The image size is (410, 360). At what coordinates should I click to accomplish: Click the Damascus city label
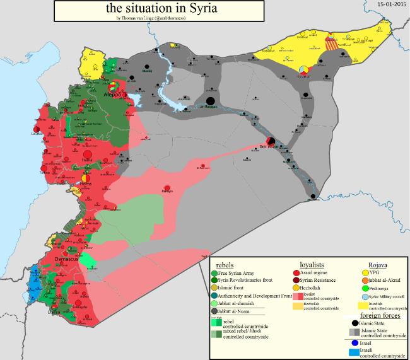(x=65, y=258)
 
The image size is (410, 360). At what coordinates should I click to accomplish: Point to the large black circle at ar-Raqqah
(x=211, y=100)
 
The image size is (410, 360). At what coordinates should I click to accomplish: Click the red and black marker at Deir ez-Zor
(x=270, y=141)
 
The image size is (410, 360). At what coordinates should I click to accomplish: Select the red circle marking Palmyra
(x=167, y=185)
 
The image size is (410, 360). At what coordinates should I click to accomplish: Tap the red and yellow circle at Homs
(x=87, y=178)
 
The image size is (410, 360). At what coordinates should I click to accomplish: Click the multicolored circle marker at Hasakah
(x=303, y=69)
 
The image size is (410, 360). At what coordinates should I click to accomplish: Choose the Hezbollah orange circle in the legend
(x=296, y=287)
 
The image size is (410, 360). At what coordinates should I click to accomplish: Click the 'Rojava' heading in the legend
(x=377, y=264)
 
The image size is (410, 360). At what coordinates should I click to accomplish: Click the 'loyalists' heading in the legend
(x=312, y=264)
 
